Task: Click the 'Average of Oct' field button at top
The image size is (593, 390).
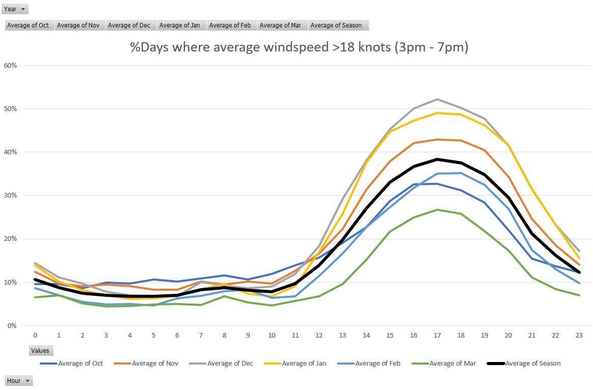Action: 29,25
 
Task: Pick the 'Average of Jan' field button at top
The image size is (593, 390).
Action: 181,25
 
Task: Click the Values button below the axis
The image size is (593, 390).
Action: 40,350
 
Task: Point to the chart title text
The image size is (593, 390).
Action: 299,47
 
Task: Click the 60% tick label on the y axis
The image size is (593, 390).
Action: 10,65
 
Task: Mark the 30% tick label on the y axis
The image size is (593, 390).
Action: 10,196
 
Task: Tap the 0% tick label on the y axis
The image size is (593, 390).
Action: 12,325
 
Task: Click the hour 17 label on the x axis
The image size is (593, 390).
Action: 437,335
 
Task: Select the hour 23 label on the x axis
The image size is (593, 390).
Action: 578,335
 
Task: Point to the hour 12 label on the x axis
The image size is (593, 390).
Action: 319,335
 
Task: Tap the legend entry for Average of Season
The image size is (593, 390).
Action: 532,364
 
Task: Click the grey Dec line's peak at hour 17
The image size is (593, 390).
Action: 437,99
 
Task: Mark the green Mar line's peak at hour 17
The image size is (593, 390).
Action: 437,210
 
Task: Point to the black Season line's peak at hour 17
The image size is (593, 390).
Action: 437,159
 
